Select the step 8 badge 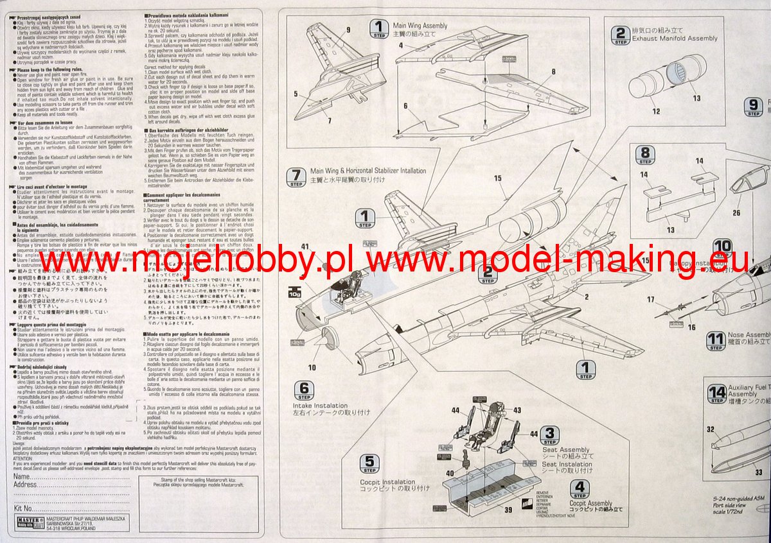click(x=645, y=155)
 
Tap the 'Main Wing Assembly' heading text click(x=420, y=26)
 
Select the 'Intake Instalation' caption click(x=320, y=406)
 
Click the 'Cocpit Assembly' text click(x=590, y=504)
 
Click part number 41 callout click(x=305, y=246)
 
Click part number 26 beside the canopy click(x=736, y=213)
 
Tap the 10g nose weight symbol click(x=296, y=292)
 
